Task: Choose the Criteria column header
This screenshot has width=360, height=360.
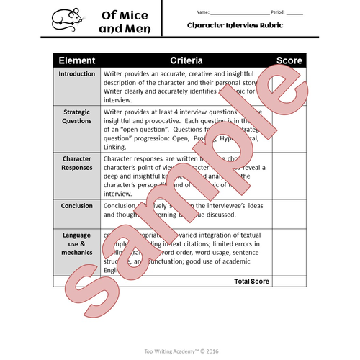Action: click(x=186, y=60)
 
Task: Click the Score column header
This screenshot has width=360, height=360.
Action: click(x=288, y=60)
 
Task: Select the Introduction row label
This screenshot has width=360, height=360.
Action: click(x=76, y=73)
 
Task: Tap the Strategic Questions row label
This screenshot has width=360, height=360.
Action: click(x=76, y=117)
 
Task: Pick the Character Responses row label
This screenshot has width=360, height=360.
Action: click(x=76, y=163)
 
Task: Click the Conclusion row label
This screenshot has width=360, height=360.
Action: click(x=76, y=206)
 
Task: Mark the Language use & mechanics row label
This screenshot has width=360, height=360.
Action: click(x=76, y=244)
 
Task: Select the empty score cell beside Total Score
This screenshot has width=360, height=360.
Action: click(x=288, y=281)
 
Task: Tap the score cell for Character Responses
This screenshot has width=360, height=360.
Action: click(x=288, y=174)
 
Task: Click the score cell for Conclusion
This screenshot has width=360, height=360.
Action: click(x=288, y=212)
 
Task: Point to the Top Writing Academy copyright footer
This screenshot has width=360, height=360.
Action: click(x=180, y=351)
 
